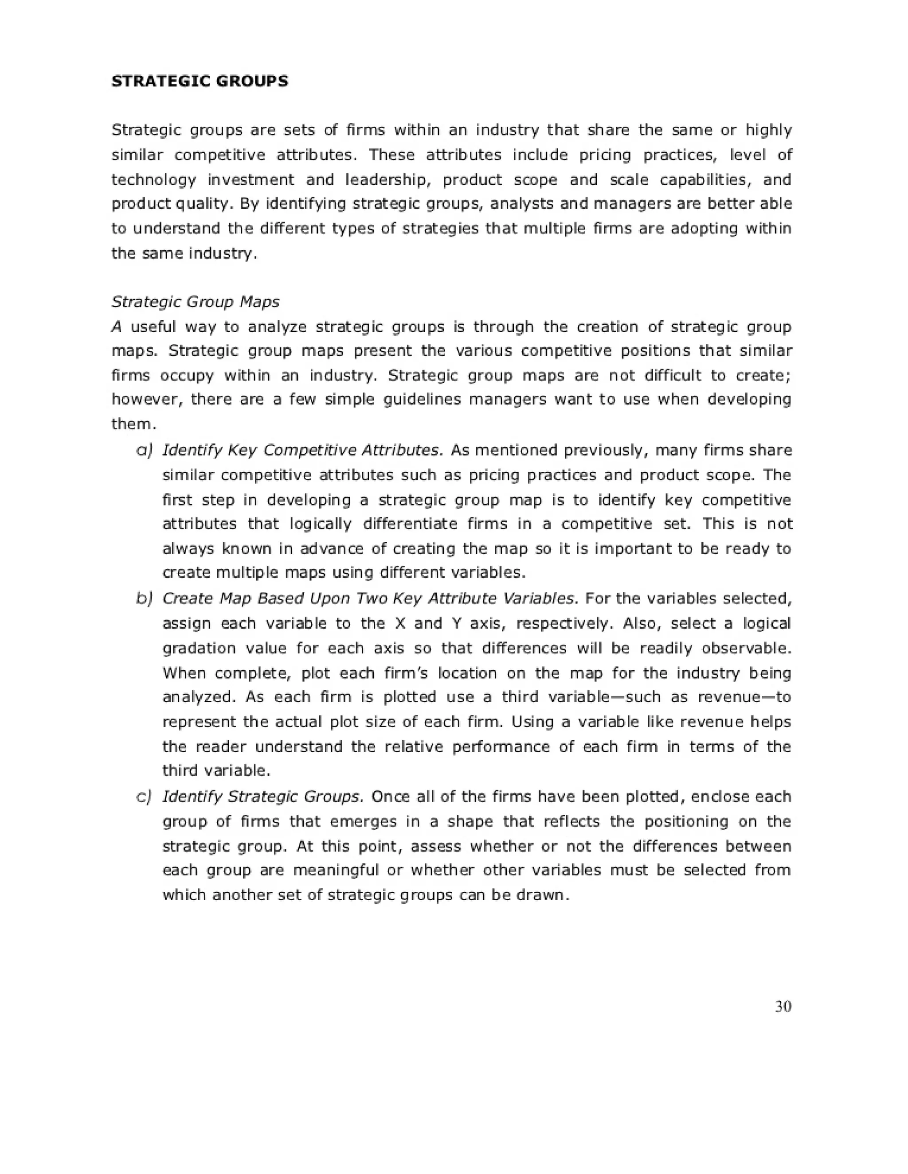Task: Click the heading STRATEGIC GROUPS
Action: tap(200, 81)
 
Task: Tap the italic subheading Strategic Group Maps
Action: tap(195, 302)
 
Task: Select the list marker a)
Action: tap(144, 450)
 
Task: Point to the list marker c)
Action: tap(144, 796)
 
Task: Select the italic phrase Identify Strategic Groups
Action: tap(263, 796)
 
